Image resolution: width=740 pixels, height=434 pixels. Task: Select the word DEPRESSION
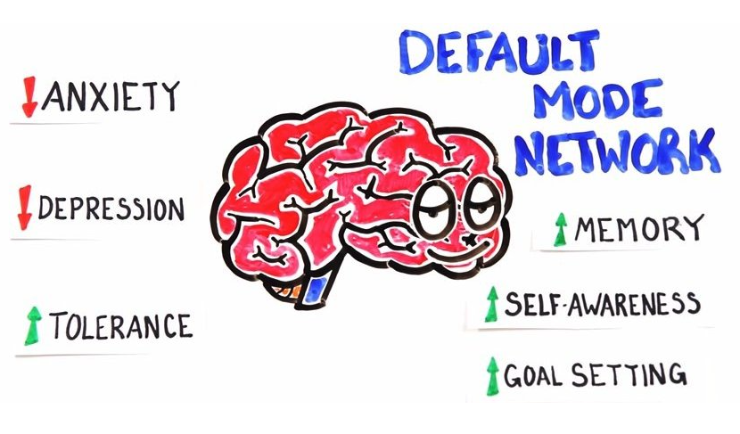pyautogui.click(x=112, y=210)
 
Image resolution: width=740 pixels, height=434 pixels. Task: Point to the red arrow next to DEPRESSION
pyautogui.click(x=26, y=208)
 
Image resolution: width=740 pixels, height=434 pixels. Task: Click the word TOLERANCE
pyautogui.click(x=120, y=325)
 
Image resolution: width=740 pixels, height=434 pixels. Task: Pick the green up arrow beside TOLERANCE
pyautogui.click(x=34, y=325)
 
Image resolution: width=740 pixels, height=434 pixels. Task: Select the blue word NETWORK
pyautogui.click(x=617, y=152)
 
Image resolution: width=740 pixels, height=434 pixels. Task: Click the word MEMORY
pyautogui.click(x=638, y=230)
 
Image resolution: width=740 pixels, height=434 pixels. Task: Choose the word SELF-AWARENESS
pyautogui.click(x=601, y=304)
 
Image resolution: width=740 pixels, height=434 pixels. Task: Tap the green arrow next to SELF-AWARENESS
pyautogui.click(x=490, y=304)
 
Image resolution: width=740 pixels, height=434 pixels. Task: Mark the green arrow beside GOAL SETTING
pyautogui.click(x=490, y=374)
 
